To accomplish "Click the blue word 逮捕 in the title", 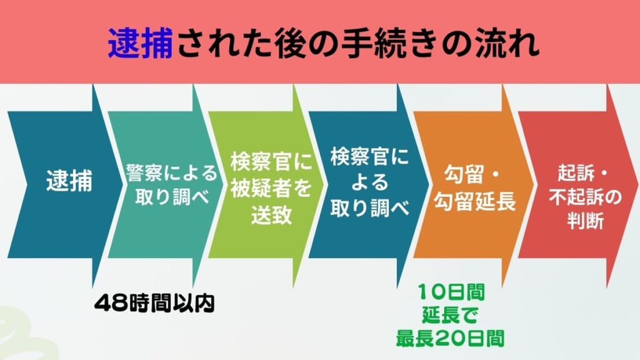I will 139,42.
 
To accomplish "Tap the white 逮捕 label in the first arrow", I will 69,182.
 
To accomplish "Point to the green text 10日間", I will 450,291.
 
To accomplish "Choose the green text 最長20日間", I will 450,337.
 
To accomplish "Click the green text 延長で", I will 450,314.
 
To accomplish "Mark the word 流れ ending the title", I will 510,42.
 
